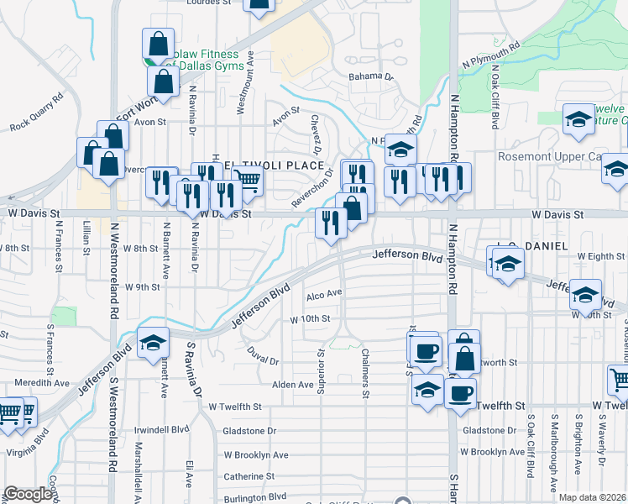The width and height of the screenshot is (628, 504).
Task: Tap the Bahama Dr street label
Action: tap(371, 76)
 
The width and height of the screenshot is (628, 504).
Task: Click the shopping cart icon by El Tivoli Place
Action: tap(247, 179)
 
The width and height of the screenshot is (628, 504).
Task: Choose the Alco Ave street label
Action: tap(324, 294)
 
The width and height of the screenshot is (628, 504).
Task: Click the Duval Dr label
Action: tap(263, 354)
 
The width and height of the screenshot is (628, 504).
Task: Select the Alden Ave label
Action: tap(292, 385)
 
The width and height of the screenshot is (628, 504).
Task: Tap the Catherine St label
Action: tap(244, 476)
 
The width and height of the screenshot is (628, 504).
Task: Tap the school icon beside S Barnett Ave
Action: tap(153, 342)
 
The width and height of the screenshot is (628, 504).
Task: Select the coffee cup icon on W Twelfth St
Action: tap(459, 392)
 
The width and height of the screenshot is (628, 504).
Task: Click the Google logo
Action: tap(28, 494)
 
